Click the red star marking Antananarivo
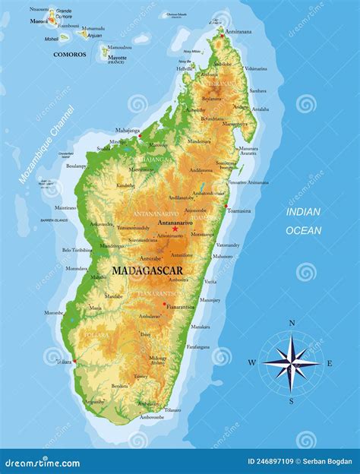[x=175, y=229]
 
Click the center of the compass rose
[x=291, y=363]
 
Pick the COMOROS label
[x=69, y=55]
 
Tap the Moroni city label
[x=39, y=21]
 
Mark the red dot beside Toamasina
[x=226, y=205]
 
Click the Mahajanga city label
[x=128, y=131]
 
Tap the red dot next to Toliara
[x=74, y=361]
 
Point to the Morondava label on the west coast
[x=76, y=268]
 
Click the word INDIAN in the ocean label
[x=302, y=213]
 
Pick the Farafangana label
[x=198, y=346]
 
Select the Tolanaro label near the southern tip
[x=172, y=410]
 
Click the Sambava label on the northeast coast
[x=258, y=90]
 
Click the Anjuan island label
[x=94, y=35]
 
